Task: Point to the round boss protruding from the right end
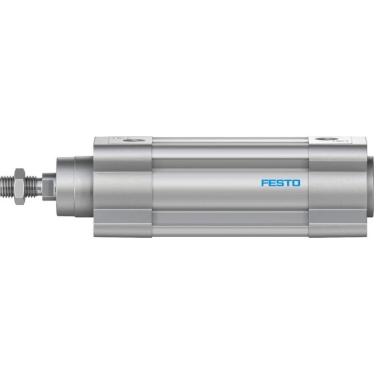tap(368, 185)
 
